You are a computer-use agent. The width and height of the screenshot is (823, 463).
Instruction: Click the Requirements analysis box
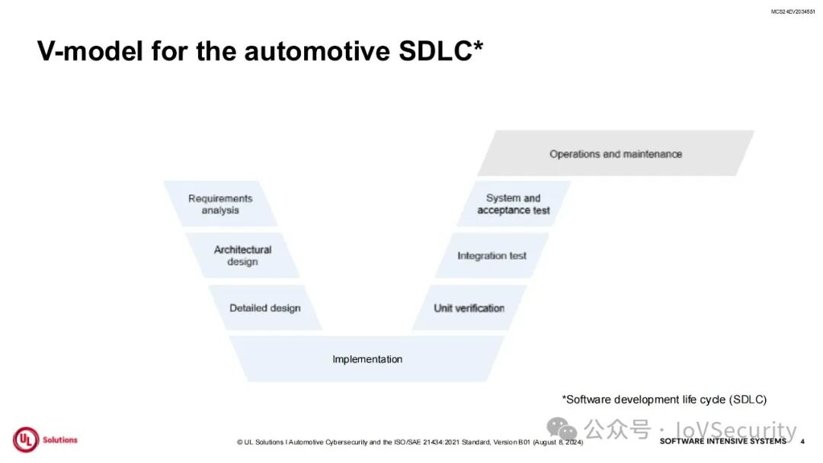click(x=220, y=204)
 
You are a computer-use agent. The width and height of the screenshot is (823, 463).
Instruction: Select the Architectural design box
click(x=242, y=256)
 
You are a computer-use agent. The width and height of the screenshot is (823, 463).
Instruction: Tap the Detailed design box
click(x=265, y=308)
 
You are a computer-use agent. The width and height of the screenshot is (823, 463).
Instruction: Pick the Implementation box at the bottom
click(x=367, y=359)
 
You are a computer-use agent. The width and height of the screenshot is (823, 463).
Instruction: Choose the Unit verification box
click(x=469, y=308)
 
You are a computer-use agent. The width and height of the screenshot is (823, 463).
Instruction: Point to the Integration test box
click(x=492, y=256)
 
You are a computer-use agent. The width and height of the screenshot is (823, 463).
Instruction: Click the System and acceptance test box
click(x=514, y=204)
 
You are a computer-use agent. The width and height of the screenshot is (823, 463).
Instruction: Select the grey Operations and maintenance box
click(x=616, y=154)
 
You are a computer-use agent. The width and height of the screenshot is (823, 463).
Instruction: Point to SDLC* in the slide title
click(x=442, y=51)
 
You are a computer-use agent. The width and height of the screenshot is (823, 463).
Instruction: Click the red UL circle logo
click(x=25, y=440)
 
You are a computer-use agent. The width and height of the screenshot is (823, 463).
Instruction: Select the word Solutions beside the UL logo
click(x=60, y=440)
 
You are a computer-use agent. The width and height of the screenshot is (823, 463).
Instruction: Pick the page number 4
click(x=802, y=442)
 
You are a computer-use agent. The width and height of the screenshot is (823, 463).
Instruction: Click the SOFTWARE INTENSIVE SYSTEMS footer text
click(x=722, y=442)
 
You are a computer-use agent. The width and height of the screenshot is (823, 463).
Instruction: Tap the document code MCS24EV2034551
click(x=793, y=11)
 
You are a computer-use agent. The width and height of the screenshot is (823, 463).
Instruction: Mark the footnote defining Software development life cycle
click(x=664, y=400)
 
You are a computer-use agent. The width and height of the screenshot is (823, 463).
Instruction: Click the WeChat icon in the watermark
click(x=563, y=429)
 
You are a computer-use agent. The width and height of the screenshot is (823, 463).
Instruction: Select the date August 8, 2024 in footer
click(x=557, y=442)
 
